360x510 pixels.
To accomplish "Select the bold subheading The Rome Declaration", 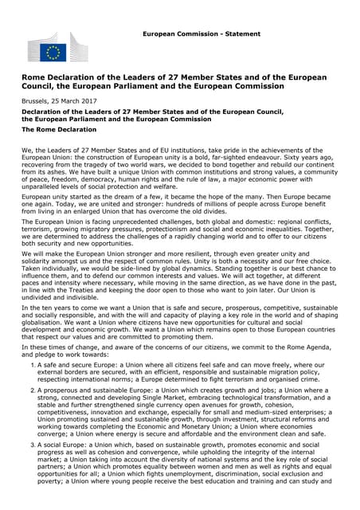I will coord(60,129).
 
